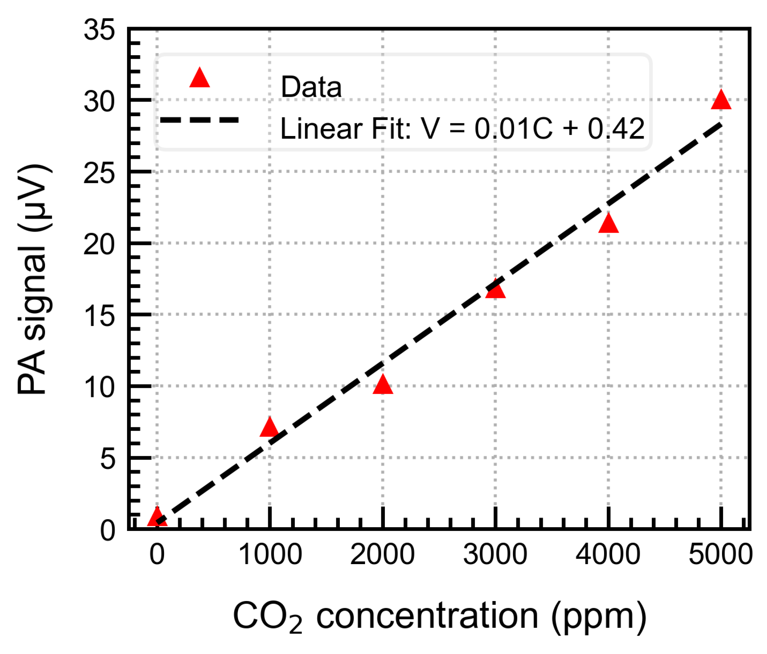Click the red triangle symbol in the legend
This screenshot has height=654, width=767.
[199, 78]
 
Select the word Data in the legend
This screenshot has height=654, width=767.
[311, 87]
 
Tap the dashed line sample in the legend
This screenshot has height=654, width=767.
[199, 120]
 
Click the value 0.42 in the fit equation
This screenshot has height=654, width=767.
[616, 129]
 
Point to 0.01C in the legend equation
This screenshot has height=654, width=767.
[513, 129]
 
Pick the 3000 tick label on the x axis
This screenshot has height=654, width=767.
[495, 555]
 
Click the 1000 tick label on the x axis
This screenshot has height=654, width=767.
[270, 555]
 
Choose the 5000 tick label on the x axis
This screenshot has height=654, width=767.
[720, 555]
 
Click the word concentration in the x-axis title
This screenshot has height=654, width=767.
[427, 616]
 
